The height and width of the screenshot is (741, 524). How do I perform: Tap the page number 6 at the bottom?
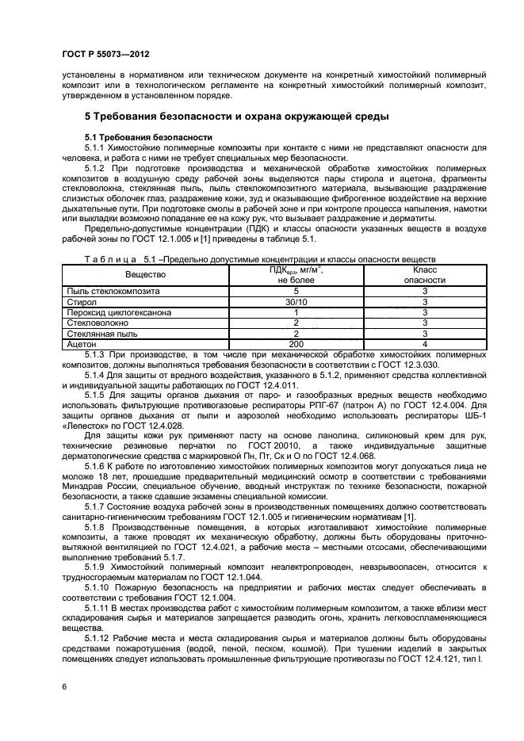tap(63, 685)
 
